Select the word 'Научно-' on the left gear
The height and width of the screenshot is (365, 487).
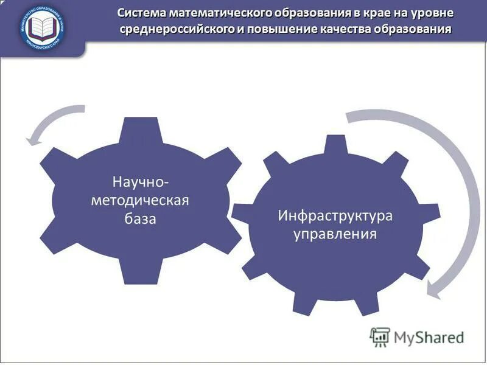142,181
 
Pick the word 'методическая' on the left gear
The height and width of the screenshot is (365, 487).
142,200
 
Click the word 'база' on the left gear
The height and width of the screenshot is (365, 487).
142,218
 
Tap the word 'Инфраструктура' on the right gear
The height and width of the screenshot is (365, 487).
335,216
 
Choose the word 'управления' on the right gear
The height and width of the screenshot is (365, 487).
335,234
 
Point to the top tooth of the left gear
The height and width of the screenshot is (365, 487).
142,128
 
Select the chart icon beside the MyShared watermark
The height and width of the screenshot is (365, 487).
380,336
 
